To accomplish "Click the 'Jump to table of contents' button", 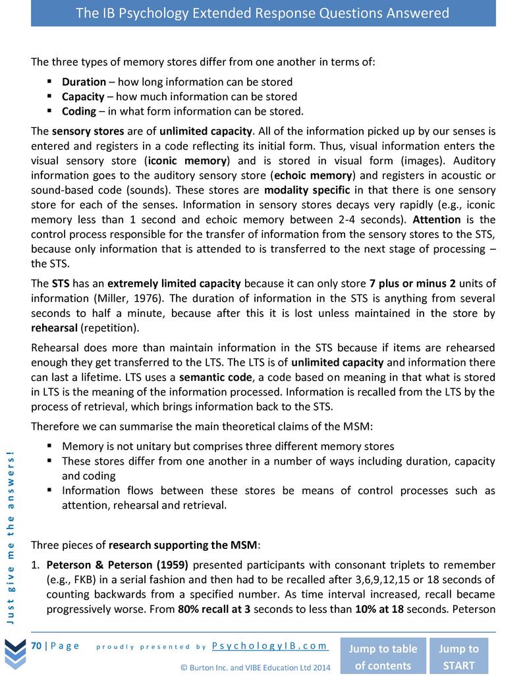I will [382, 656].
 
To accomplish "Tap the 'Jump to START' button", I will [458, 656].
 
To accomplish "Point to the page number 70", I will [37, 646].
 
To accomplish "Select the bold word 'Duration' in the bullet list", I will [84, 82].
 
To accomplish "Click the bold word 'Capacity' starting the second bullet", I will [83, 97].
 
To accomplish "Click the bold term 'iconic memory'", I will [188, 161].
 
